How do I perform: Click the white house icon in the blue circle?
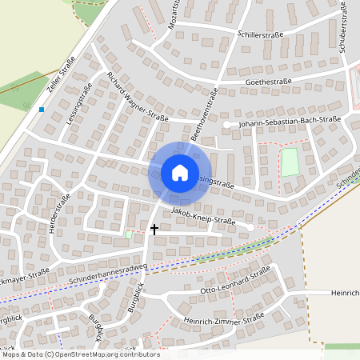[x=179, y=172]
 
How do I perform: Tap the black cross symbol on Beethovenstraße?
[x=154, y=229]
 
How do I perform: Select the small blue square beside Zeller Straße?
[x=42, y=109]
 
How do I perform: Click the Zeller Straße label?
[x=62, y=77]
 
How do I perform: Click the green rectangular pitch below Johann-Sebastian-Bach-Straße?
[x=289, y=162]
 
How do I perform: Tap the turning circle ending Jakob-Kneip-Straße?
[x=250, y=228]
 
